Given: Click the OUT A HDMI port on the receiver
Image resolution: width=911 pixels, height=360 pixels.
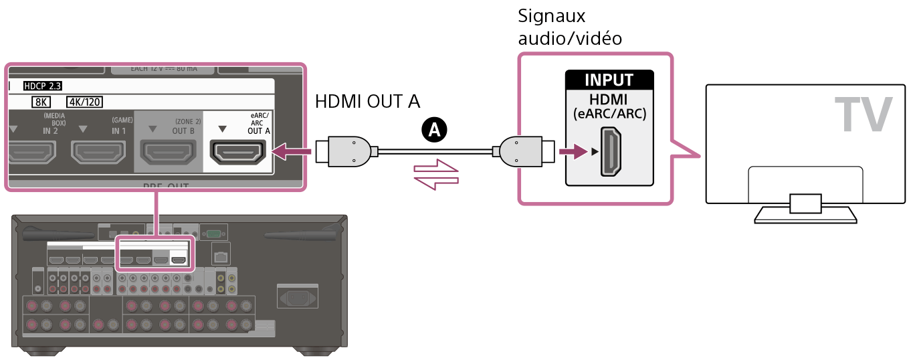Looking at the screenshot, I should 237,153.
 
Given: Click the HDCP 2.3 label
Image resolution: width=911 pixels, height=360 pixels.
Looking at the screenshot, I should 41,86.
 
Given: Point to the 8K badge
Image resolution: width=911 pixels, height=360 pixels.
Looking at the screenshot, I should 41,102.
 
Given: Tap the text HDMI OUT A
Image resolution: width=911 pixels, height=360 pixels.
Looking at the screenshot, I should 367,102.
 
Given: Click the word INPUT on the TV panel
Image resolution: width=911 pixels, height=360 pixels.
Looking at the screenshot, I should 609,80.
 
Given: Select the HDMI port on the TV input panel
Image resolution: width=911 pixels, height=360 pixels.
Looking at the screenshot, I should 609,152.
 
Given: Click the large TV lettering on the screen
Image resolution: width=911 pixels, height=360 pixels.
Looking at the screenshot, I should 863,115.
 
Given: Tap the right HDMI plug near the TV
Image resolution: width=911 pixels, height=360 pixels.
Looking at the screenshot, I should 524,152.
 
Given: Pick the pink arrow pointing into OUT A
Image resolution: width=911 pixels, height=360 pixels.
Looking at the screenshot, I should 294,153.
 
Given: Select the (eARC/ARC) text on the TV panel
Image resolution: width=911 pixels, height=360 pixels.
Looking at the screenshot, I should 609,114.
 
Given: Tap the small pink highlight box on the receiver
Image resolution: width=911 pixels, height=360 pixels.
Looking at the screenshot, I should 155,252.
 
